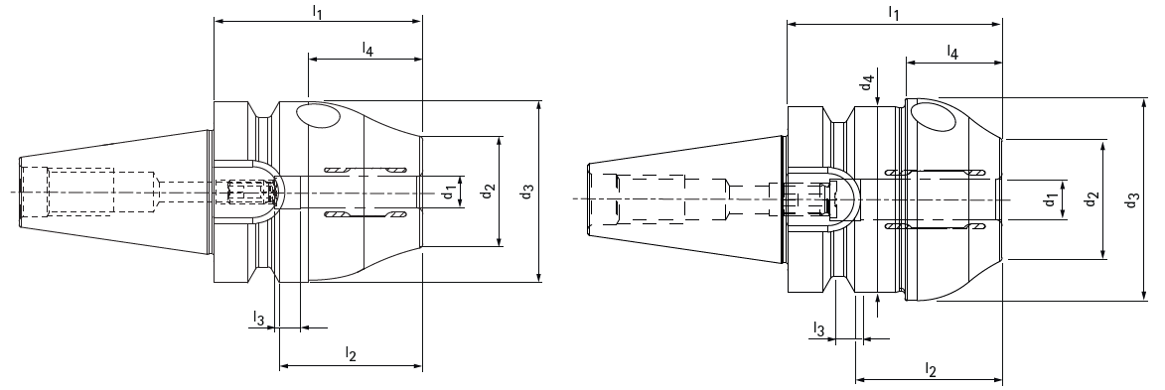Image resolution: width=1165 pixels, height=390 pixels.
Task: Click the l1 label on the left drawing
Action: (x=317, y=11)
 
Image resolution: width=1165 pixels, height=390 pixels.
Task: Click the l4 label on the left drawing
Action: (x=367, y=49)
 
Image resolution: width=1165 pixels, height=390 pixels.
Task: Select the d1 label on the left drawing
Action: (x=448, y=192)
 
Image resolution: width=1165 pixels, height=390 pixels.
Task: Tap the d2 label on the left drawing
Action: (x=488, y=191)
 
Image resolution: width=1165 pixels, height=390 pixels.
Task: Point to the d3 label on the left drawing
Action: (x=526, y=191)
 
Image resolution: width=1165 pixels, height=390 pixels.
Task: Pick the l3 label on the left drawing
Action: (x=258, y=318)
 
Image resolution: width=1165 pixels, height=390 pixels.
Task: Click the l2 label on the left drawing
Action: (x=351, y=353)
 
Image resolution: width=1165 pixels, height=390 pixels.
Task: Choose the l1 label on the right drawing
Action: (x=894, y=13)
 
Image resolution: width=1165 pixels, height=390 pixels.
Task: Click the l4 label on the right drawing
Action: (x=952, y=52)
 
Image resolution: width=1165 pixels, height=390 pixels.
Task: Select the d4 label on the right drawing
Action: (x=867, y=82)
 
